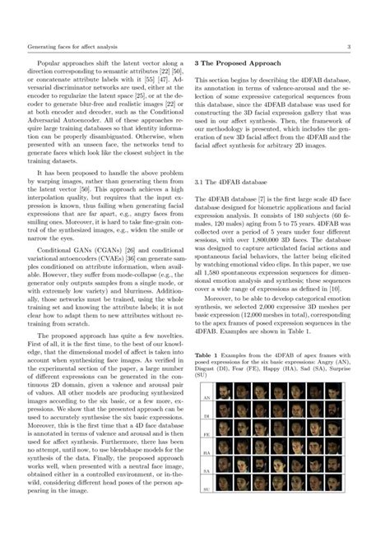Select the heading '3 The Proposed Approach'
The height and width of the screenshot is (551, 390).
242,63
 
